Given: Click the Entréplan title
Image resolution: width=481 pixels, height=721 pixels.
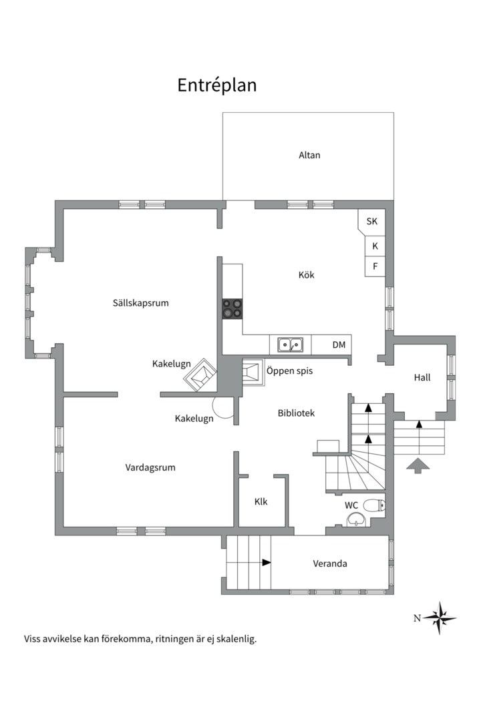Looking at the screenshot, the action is pyautogui.click(x=217, y=85).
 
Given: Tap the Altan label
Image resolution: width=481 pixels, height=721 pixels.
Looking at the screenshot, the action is pyautogui.click(x=309, y=155).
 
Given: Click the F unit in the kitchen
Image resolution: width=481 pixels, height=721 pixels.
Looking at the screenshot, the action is pyautogui.click(x=375, y=266).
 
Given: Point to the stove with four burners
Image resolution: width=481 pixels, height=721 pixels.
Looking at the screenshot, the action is pyautogui.click(x=232, y=308).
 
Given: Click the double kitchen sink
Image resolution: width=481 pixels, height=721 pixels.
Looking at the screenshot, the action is pyautogui.click(x=290, y=344).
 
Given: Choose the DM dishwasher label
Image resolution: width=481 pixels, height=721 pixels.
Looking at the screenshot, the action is pyautogui.click(x=339, y=345).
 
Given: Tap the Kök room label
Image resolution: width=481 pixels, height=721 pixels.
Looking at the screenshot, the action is pyautogui.click(x=307, y=275).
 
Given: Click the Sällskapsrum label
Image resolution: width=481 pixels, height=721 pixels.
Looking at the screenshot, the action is pyautogui.click(x=141, y=303).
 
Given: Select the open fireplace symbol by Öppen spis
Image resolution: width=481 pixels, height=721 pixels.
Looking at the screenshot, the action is pyautogui.click(x=253, y=372).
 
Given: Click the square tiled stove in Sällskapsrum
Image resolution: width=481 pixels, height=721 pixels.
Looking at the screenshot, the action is pyautogui.click(x=200, y=375).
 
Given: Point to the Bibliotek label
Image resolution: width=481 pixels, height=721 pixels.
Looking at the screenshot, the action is pyautogui.click(x=297, y=413).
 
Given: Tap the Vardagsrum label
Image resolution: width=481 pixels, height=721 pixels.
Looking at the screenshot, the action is pyautogui.click(x=150, y=467).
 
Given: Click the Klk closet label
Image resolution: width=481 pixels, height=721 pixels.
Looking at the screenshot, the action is pyautogui.click(x=261, y=501).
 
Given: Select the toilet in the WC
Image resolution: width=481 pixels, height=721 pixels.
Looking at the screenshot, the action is pyautogui.click(x=374, y=505).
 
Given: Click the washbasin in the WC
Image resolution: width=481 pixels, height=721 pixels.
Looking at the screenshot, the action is pyautogui.click(x=356, y=520).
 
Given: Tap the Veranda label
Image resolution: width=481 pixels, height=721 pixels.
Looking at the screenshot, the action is pyautogui.click(x=330, y=563).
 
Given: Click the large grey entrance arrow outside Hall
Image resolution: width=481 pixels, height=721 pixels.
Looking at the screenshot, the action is pyautogui.click(x=418, y=466).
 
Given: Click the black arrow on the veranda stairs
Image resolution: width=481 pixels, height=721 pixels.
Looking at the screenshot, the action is pyautogui.click(x=267, y=562).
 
